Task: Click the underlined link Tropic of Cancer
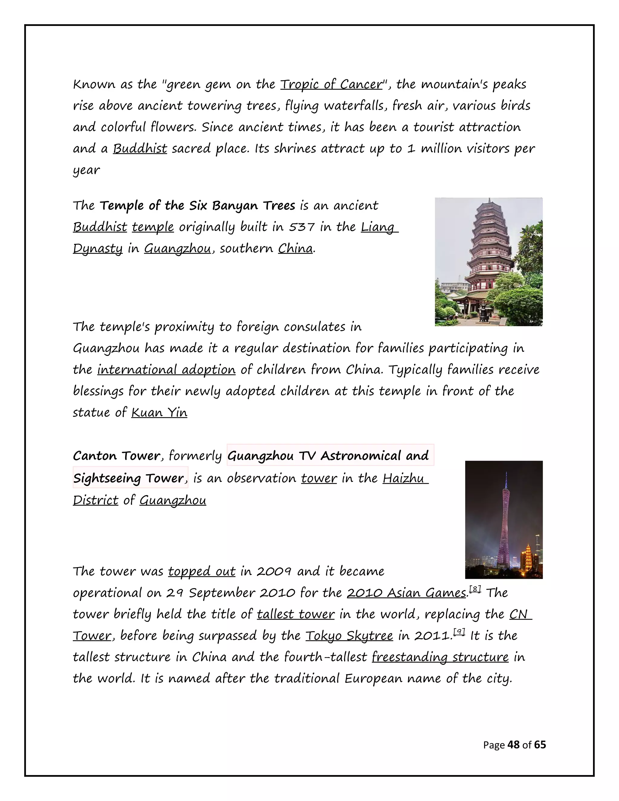pyautogui.click(x=331, y=84)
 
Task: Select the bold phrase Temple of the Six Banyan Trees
pyautogui.click(x=197, y=206)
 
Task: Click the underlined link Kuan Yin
pyautogui.click(x=159, y=413)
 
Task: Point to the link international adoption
pyautogui.click(x=167, y=370)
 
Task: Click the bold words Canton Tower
pyautogui.click(x=117, y=456)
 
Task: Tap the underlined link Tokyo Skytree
pyautogui.click(x=349, y=636)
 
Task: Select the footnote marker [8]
pyautogui.click(x=475, y=589)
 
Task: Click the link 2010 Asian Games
pyautogui.click(x=406, y=593)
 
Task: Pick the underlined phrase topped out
pyautogui.click(x=202, y=571)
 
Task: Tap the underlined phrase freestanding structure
pyautogui.click(x=440, y=657)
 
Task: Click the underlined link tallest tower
pyautogui.click(x=296, y=614)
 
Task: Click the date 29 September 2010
pyautogui.click(x=231, y=593)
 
